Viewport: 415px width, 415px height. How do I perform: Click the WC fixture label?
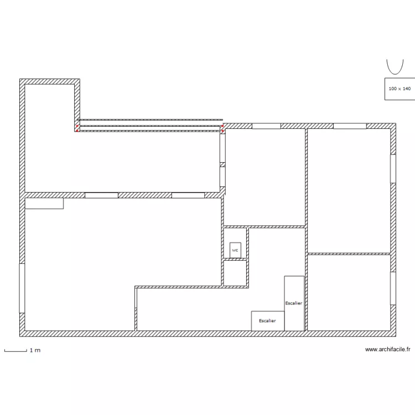235,250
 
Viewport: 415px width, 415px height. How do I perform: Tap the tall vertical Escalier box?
294,303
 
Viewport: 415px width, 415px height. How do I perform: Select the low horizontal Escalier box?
268,321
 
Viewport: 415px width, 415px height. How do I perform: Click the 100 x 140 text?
400,89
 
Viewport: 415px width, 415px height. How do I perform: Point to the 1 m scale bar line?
15,351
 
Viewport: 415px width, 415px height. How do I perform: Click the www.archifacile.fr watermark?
388,349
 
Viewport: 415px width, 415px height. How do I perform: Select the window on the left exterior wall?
22,288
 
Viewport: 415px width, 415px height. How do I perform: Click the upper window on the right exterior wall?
393,169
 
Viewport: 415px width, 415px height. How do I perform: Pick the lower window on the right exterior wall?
393,288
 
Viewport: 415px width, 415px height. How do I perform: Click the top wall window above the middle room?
266,126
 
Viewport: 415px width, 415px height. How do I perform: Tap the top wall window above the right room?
350,126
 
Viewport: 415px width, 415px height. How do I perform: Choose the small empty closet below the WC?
235,273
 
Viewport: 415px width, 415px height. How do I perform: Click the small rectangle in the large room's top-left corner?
44,203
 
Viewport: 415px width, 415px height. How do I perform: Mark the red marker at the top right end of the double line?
222,126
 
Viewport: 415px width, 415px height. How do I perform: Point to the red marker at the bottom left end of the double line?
77,131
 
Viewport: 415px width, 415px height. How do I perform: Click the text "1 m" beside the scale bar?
35,350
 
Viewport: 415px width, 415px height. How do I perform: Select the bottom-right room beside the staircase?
349,293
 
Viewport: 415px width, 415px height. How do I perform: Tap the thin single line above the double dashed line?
150,120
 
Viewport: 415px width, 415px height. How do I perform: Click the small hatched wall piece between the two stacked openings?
222,165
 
